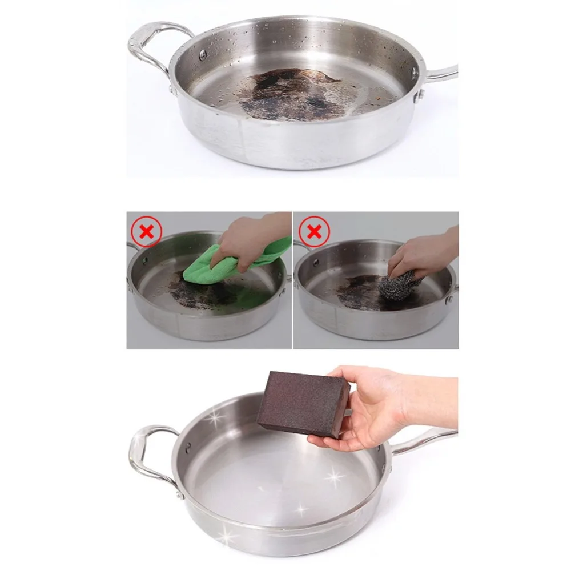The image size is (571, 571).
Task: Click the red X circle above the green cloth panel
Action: [147, 231]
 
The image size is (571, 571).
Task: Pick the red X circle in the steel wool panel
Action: [313, 231]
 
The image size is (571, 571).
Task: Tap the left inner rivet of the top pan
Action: [203, 54]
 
